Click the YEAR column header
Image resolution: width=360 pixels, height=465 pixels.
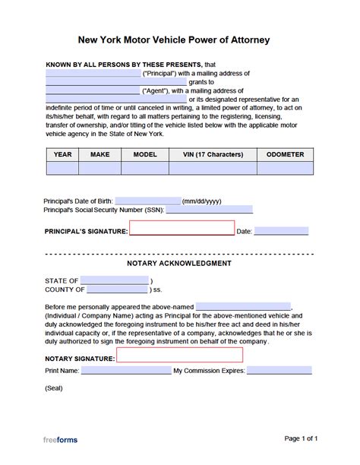[x=62, y=154]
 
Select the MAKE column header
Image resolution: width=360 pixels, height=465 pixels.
[x=100, y=154]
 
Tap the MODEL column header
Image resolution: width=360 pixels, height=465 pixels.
[x=144, y=154]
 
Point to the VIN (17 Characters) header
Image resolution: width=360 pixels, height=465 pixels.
[x=213, y=154]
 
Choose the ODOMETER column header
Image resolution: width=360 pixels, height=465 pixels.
[x=285, y=154]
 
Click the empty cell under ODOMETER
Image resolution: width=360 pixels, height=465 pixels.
[x=285, y=169]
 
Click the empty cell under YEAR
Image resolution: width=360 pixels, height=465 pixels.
[x=62, y=169]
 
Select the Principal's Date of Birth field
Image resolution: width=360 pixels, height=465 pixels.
[x=148, y=201]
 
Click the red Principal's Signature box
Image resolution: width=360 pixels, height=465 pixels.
[x=182, y=229]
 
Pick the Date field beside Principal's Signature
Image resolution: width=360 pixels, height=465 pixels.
[x=281, y=231]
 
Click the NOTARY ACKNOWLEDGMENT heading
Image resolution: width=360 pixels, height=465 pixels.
[x=179, y=264]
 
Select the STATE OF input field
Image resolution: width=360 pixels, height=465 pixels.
[x=114, y=280]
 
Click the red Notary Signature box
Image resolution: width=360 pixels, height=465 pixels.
[x=179, y=355]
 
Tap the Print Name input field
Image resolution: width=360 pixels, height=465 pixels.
[x=125, y=372]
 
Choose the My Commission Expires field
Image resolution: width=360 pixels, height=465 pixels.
[x=279, y=372]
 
